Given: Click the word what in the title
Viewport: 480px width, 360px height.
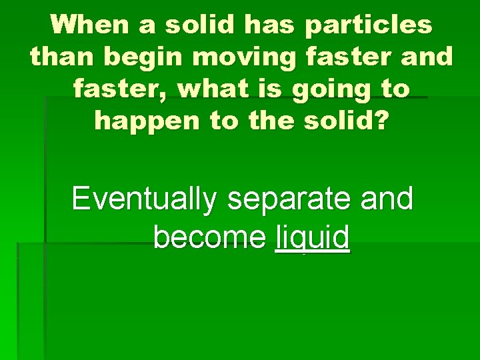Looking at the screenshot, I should pyautogui.click(x=218, y=89).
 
